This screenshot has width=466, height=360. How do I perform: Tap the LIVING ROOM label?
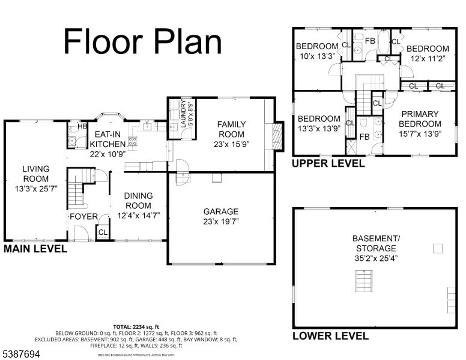click(x=36, y=174)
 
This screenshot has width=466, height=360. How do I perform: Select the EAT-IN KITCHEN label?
click(x=107, y=140)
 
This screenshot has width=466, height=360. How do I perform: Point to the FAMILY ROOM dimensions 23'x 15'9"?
click(x=231, y=144)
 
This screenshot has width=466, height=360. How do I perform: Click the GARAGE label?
click(x=220, y=211)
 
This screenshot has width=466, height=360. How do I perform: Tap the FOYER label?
click(x=83, y=217)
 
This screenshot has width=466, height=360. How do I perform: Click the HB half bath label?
click(x=74, y=127)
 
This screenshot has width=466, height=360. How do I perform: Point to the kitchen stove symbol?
click(x=133, y=142)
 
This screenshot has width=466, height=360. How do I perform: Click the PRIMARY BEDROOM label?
click(x=420, y=119)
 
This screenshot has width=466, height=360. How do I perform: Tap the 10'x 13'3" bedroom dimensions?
click(x=316, y=57)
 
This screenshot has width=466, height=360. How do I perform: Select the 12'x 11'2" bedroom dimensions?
click(x=427, y=59)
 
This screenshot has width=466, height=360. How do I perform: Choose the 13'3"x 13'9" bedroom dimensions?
click(x=318, y=128)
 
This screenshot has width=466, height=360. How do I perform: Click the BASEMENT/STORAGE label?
click(x=375, y=243)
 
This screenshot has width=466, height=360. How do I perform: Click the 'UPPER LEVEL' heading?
click(x=328, y=163)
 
